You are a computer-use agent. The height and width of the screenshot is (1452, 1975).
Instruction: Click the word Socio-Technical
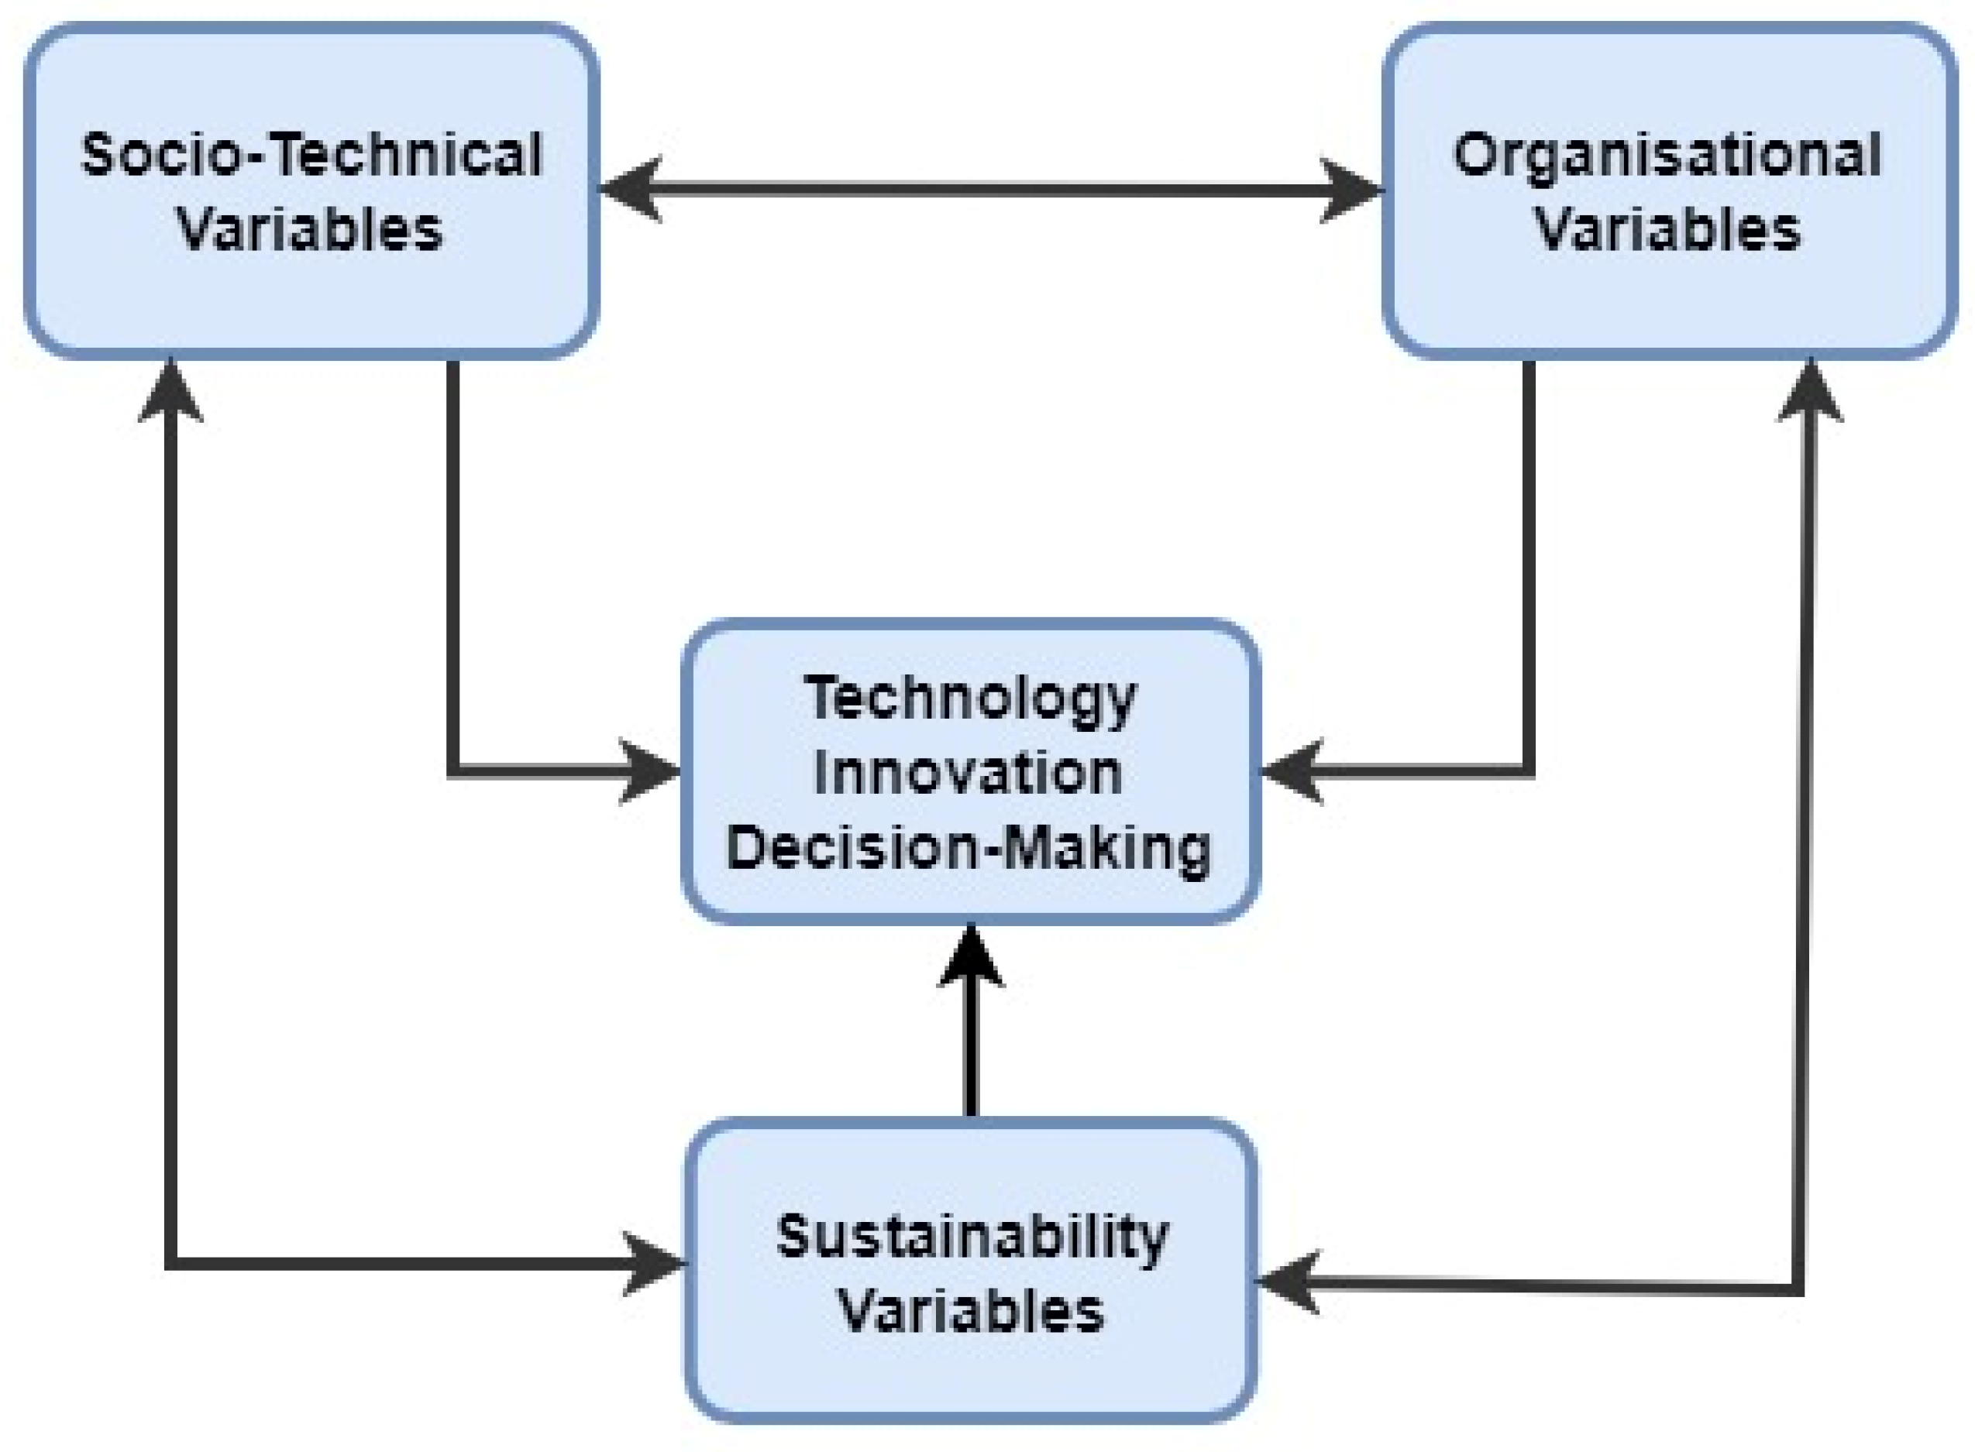311,155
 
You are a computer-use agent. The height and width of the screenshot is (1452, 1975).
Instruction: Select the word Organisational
1667,155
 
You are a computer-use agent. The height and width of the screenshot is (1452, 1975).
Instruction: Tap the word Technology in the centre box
970,699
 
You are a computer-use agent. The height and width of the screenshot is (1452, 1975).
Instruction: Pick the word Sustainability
972,1237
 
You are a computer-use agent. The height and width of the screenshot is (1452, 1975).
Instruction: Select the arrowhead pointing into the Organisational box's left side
1350,189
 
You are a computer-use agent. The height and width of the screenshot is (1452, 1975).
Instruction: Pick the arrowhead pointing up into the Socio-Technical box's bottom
170,391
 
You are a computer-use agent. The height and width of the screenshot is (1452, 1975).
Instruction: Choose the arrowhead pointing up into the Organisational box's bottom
1810,391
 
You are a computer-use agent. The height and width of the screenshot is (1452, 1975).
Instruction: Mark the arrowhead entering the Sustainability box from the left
652,1264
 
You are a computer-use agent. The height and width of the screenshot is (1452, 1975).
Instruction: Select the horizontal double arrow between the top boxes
989,189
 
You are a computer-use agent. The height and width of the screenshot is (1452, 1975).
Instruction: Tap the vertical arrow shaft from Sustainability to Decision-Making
970,1055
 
